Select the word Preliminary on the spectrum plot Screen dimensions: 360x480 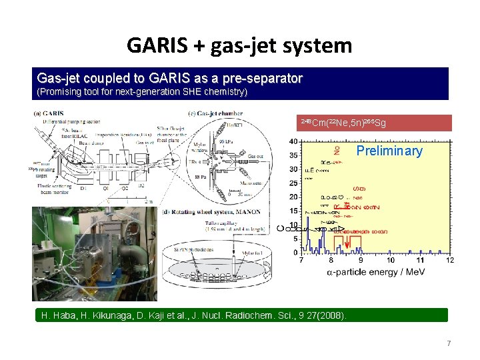tap(389, 151)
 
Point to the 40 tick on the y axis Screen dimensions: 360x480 tap(293, 141)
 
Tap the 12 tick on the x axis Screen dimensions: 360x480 tap(450, 260)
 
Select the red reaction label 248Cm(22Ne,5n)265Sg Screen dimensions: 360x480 tap(343, 123)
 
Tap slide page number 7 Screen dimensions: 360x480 tap(449, 343)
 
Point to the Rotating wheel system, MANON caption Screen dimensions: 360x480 tap(203, 213)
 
